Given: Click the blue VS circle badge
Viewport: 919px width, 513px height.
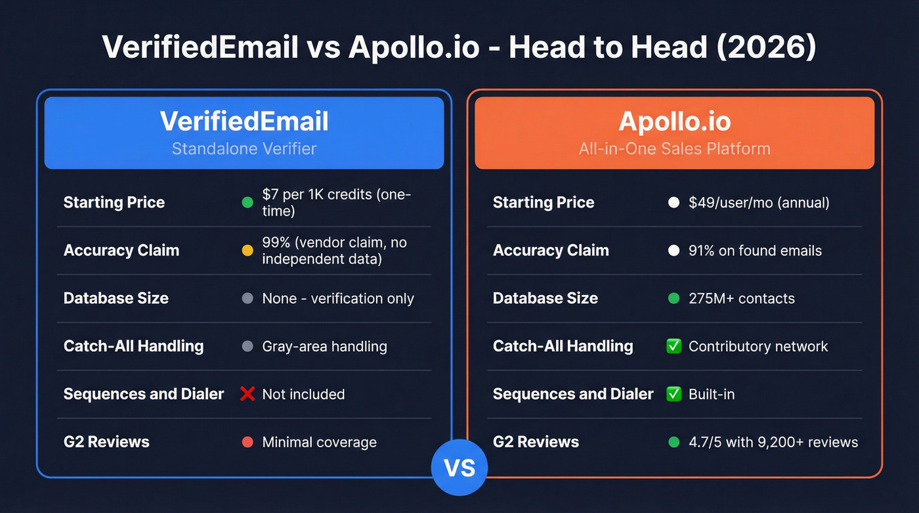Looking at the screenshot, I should tap(459, 468).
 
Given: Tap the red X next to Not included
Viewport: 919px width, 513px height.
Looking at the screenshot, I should tap(247, 394).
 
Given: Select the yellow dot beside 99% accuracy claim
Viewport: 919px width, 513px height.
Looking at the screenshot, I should tap(247, 250).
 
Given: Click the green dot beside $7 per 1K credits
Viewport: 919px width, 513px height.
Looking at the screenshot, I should tap(247, 202).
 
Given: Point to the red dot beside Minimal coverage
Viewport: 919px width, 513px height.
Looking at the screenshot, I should tap(247, 442).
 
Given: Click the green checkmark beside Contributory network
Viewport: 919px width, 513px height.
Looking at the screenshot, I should tap(673, 346).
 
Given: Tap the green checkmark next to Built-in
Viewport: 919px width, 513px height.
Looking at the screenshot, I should tap(673, 394).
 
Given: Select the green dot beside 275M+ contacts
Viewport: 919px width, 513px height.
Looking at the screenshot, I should tap(673, 298).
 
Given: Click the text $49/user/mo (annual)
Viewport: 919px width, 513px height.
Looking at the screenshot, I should tap(759, 202).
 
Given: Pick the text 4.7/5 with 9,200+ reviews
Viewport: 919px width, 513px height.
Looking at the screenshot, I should tap(773, 442).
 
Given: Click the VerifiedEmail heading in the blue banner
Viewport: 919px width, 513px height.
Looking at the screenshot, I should tap(244, 122).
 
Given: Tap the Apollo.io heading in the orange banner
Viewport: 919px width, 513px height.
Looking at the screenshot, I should tap(674, 122).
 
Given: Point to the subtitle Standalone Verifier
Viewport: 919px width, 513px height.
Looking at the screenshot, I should tap(244, 148).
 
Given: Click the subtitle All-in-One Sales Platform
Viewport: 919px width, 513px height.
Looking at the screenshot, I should tap(674, 148).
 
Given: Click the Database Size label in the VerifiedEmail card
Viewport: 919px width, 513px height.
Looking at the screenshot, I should tap(116, 298).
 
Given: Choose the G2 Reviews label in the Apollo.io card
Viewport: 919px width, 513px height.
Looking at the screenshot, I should tap(536, 442).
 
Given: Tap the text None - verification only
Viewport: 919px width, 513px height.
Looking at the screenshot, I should tap(338, 298).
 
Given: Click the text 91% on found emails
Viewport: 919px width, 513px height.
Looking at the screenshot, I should tap(755, 250).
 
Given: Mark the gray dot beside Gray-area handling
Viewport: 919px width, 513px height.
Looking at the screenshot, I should tap(247, 346).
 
